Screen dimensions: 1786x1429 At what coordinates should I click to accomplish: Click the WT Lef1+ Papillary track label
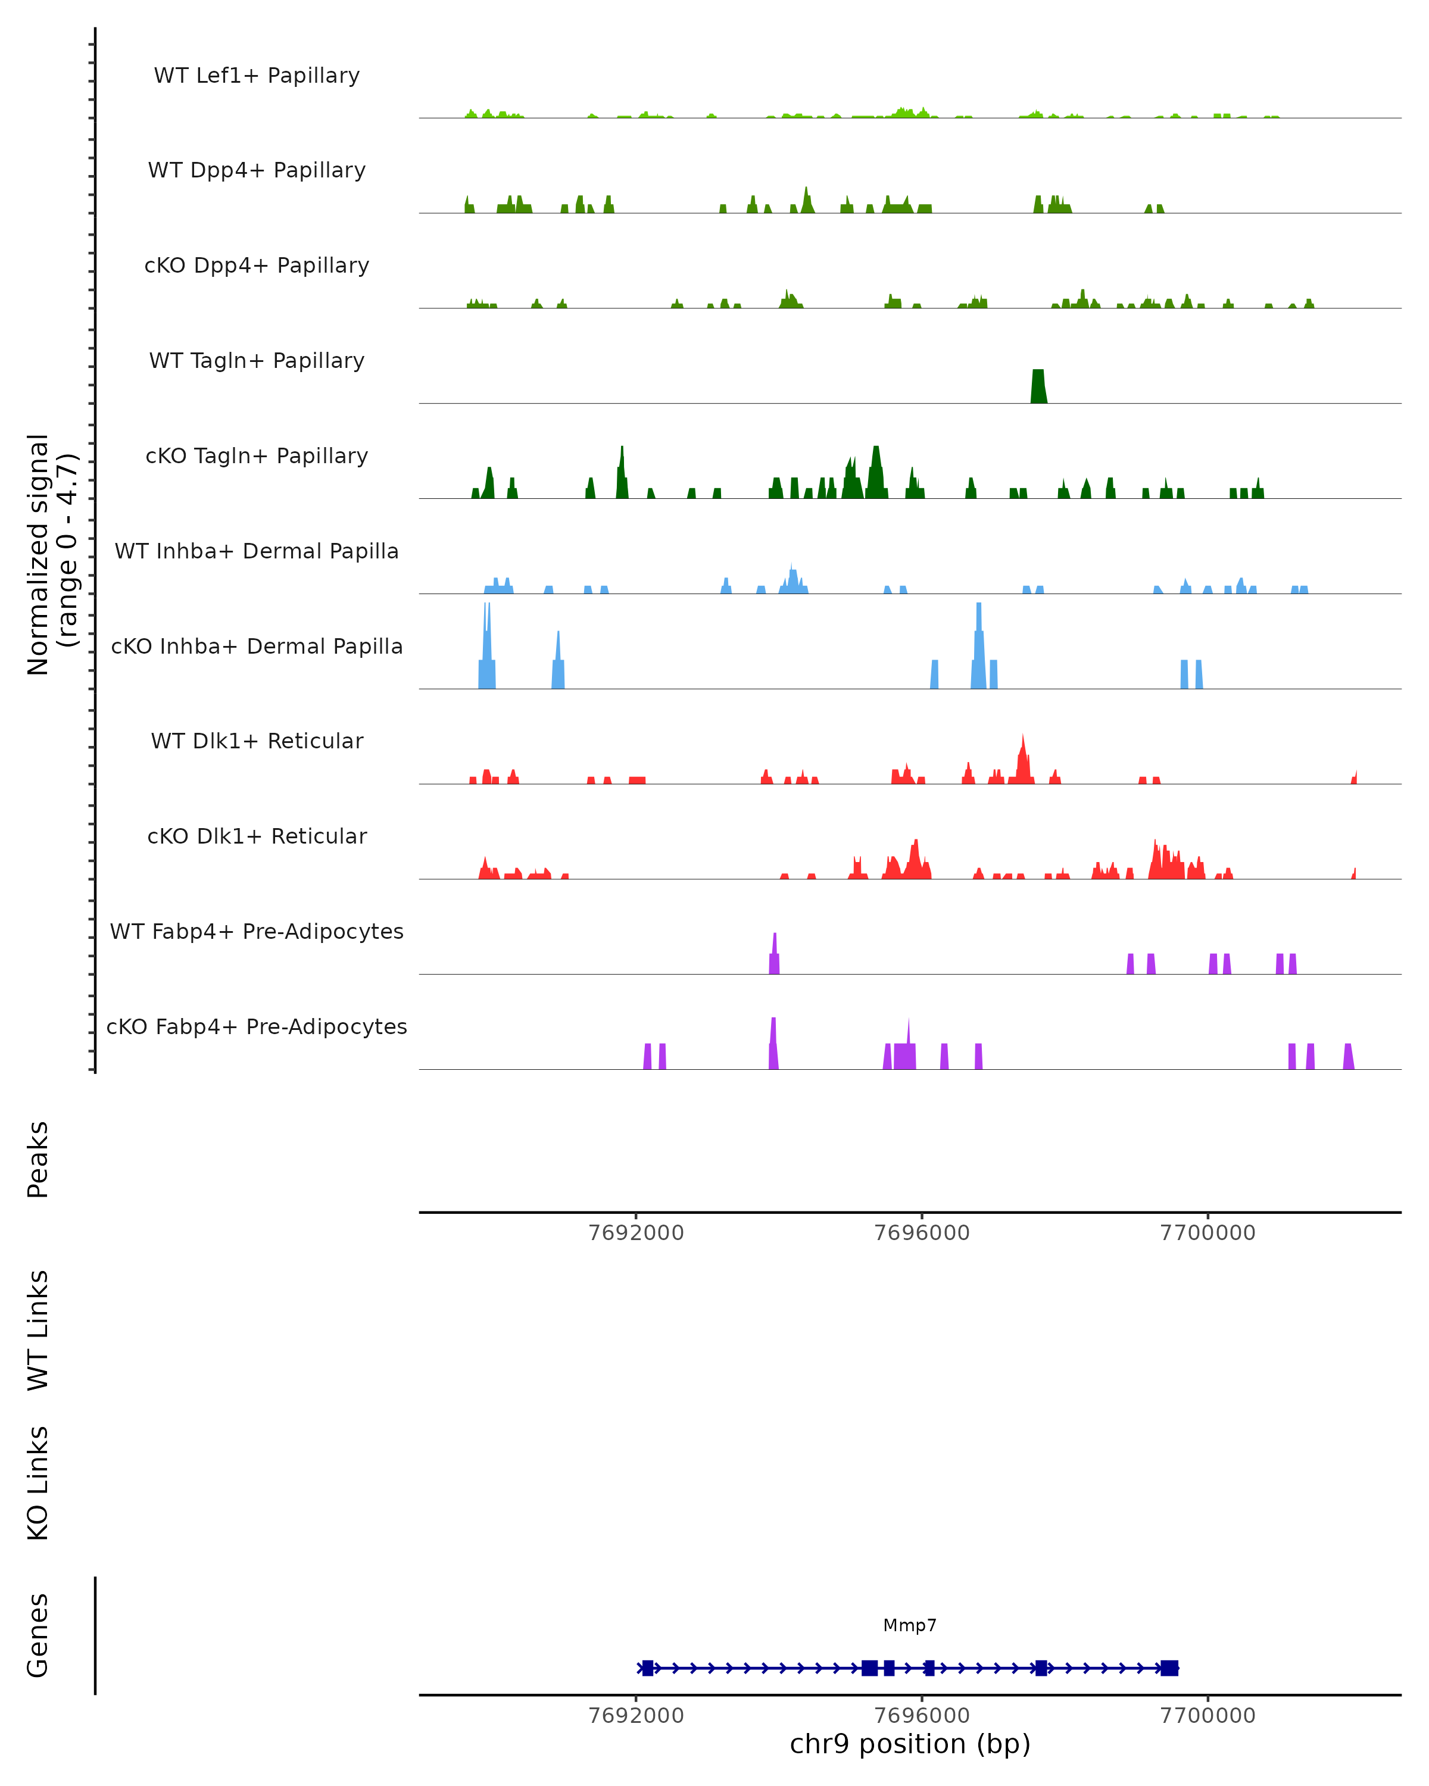click(x=257, y=76)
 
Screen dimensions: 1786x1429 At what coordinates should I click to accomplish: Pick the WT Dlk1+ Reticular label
click(x=257, y=741)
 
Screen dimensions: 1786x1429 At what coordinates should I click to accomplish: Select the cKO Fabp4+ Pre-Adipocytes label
click(x=257, y=1026)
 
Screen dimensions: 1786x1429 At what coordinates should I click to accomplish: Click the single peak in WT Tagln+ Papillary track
click(x=1038, y=387)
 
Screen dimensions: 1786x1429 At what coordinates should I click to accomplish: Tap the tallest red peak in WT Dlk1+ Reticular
click(x=1023, y=758)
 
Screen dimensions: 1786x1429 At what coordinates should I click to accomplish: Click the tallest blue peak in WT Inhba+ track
click(x=792, y=578)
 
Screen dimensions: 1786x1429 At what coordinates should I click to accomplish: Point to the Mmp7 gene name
click(x=910, y=1625)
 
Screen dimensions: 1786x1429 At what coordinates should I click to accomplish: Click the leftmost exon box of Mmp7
click(x=648, y=1668)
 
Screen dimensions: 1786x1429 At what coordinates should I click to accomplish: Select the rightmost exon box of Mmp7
click(x=1169, y=1668)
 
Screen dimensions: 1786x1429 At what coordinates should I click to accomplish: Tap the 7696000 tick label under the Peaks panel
click(x=922, y=1233)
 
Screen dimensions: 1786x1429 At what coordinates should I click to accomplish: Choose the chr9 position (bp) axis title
click(x=910, y=1744)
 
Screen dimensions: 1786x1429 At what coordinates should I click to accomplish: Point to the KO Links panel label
click(x=38, y=1483)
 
